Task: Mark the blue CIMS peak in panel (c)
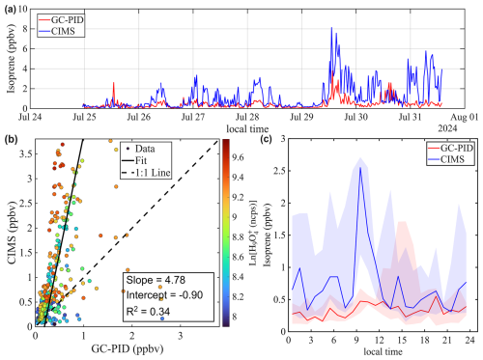(360, 168)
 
